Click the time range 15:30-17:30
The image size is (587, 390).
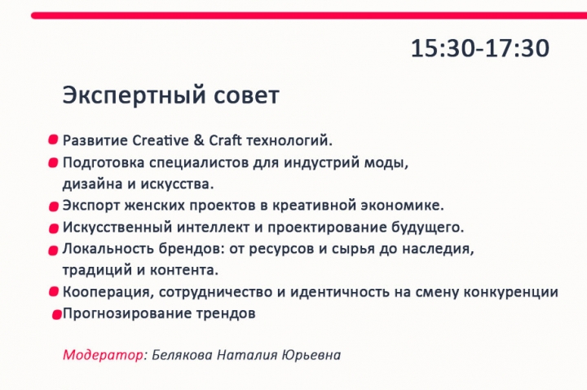pyautogui.click(x=480, y=48)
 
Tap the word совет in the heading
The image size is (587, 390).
pyautogui.click(x=247, y=96)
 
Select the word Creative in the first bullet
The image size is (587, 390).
pyautogui.click(x=161, y=140)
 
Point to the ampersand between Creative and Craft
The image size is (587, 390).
pyautogui.click(x=199, y=140)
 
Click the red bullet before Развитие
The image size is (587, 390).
pyautogui.click(x=53, y=140)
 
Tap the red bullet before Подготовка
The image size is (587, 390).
pyautogui.click(x=53, y=163)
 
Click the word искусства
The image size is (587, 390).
pyautogui.click(x=177, y=184)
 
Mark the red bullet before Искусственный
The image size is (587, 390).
pyautogui.click(x=54, y=228)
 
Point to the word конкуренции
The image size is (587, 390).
pyautogui.click(x=510, y=292)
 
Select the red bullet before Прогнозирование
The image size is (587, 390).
pyautogui.click(x=56, y=315)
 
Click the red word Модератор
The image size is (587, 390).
pyautogui.click(x=103, y=355)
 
